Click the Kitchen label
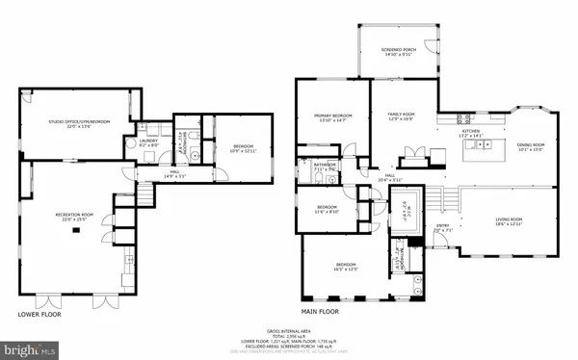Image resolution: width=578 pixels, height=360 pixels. coord(470,134)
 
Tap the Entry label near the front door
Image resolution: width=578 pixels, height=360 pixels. coord(443,230)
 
